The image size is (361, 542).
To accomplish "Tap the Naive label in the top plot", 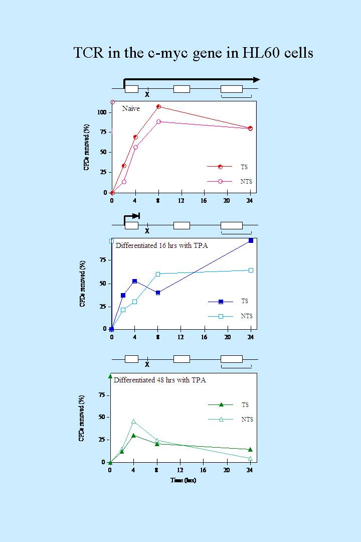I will coord(131,108).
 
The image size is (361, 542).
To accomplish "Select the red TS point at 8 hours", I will coord(158,106).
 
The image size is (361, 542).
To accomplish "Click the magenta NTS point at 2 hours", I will coord(124,182).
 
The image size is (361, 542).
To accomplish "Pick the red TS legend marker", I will coord(220,167).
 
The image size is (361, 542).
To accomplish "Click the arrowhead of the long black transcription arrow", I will coord(256,79).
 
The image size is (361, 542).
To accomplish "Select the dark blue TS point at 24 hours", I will coord(251,241).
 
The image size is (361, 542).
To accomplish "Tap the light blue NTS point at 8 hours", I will coord(158,274).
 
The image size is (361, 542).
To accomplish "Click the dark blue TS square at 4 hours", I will coord(134,281).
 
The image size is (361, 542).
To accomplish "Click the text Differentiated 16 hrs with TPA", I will coord(161,245).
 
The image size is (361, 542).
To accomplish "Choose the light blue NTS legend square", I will coord(221,316).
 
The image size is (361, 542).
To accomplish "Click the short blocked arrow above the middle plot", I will coord(132,216).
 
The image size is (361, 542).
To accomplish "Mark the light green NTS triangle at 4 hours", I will coord(133,422).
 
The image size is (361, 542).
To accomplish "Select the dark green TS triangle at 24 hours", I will coord(250,449).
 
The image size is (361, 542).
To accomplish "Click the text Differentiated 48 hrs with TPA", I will coord(159,380).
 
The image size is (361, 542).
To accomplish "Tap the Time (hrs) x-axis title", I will coord(183,480).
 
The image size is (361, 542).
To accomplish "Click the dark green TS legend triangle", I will coord(221,404).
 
